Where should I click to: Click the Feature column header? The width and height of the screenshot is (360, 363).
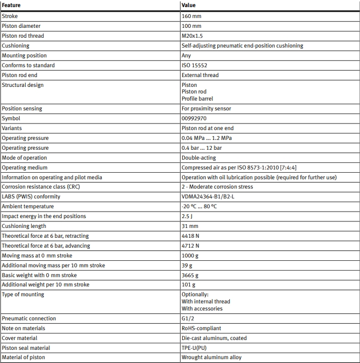[11, 5]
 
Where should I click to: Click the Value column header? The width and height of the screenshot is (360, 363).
[189, 5]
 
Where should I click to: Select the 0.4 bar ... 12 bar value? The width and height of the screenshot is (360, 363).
[202, 148]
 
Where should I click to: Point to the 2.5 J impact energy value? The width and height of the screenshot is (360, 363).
[187, 216]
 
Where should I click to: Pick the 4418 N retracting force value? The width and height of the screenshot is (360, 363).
[190, 236]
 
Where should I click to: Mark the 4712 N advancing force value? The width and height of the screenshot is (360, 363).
[190, 246]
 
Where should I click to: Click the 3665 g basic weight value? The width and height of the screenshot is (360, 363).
[190, 275]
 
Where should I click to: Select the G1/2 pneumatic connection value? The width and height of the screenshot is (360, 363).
[188, 318]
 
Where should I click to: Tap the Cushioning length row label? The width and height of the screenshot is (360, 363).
[24, 226]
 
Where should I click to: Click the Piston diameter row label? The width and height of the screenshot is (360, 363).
[21, 26]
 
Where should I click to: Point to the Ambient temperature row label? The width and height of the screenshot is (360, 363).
[28, 207]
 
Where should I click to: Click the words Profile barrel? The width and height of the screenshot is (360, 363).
[198, 99]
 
